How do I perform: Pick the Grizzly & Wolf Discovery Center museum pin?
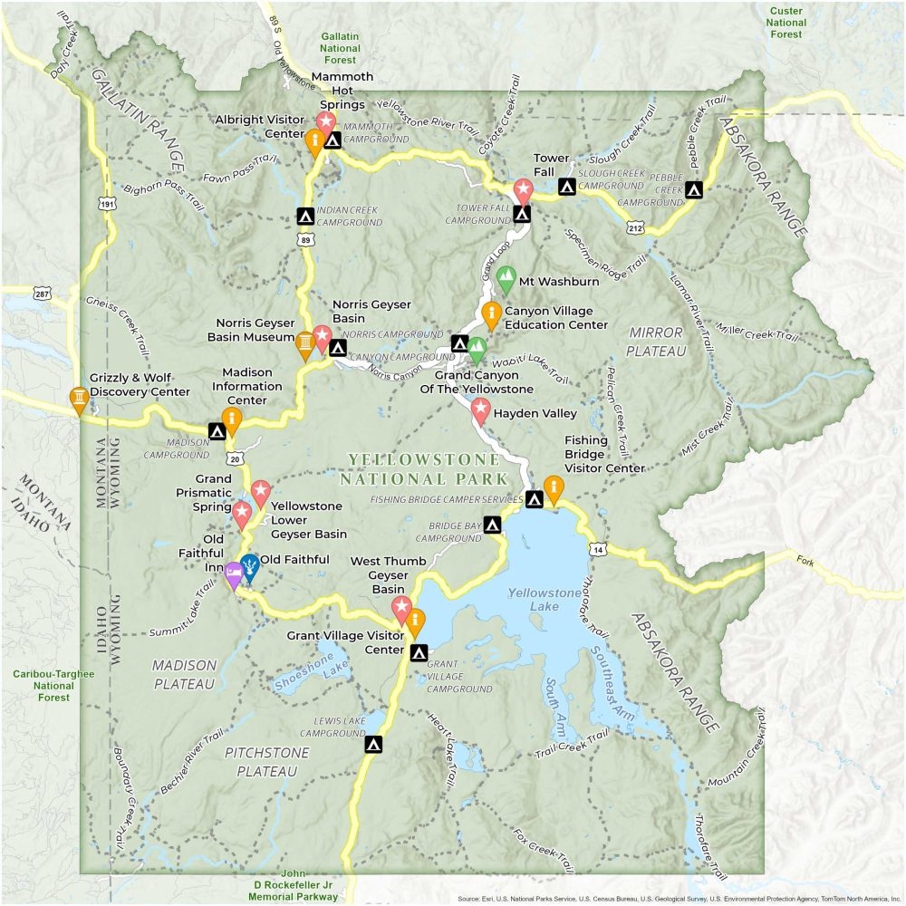[x=80, y=400]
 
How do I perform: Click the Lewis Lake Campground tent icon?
[x=372, y=745]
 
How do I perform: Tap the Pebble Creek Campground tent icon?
[x=694, y=190]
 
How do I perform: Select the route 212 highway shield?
[x=634, y=227]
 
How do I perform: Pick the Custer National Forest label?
[x=787, y=22]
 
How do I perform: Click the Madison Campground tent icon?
[x=217, y=431]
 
